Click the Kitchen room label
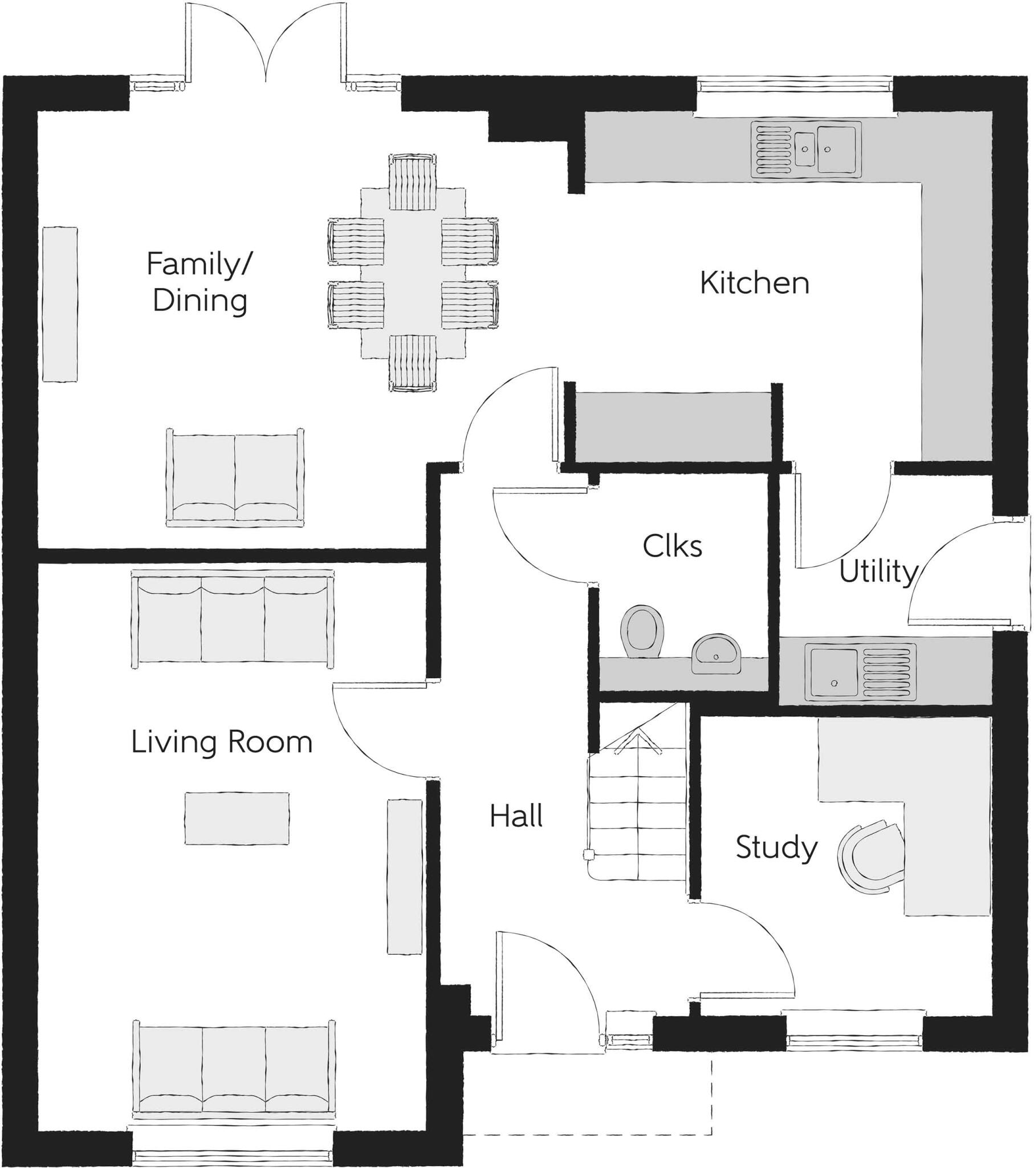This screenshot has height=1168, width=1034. tap(754, 283)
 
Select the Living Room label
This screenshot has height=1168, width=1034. tap(222, 743)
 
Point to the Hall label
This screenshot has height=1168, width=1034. tap(516, 816)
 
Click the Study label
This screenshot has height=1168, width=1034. tap(776, 847)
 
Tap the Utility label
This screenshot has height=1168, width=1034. tap(877, 571)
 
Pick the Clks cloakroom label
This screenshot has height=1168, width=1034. tap(672, 546)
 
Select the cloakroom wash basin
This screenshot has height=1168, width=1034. tap(717, 652)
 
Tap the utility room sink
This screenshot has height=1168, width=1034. tap(860, 673)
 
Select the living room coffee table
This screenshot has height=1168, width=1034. tap(237, 818)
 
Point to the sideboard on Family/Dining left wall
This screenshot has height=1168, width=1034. tap(60, 304)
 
